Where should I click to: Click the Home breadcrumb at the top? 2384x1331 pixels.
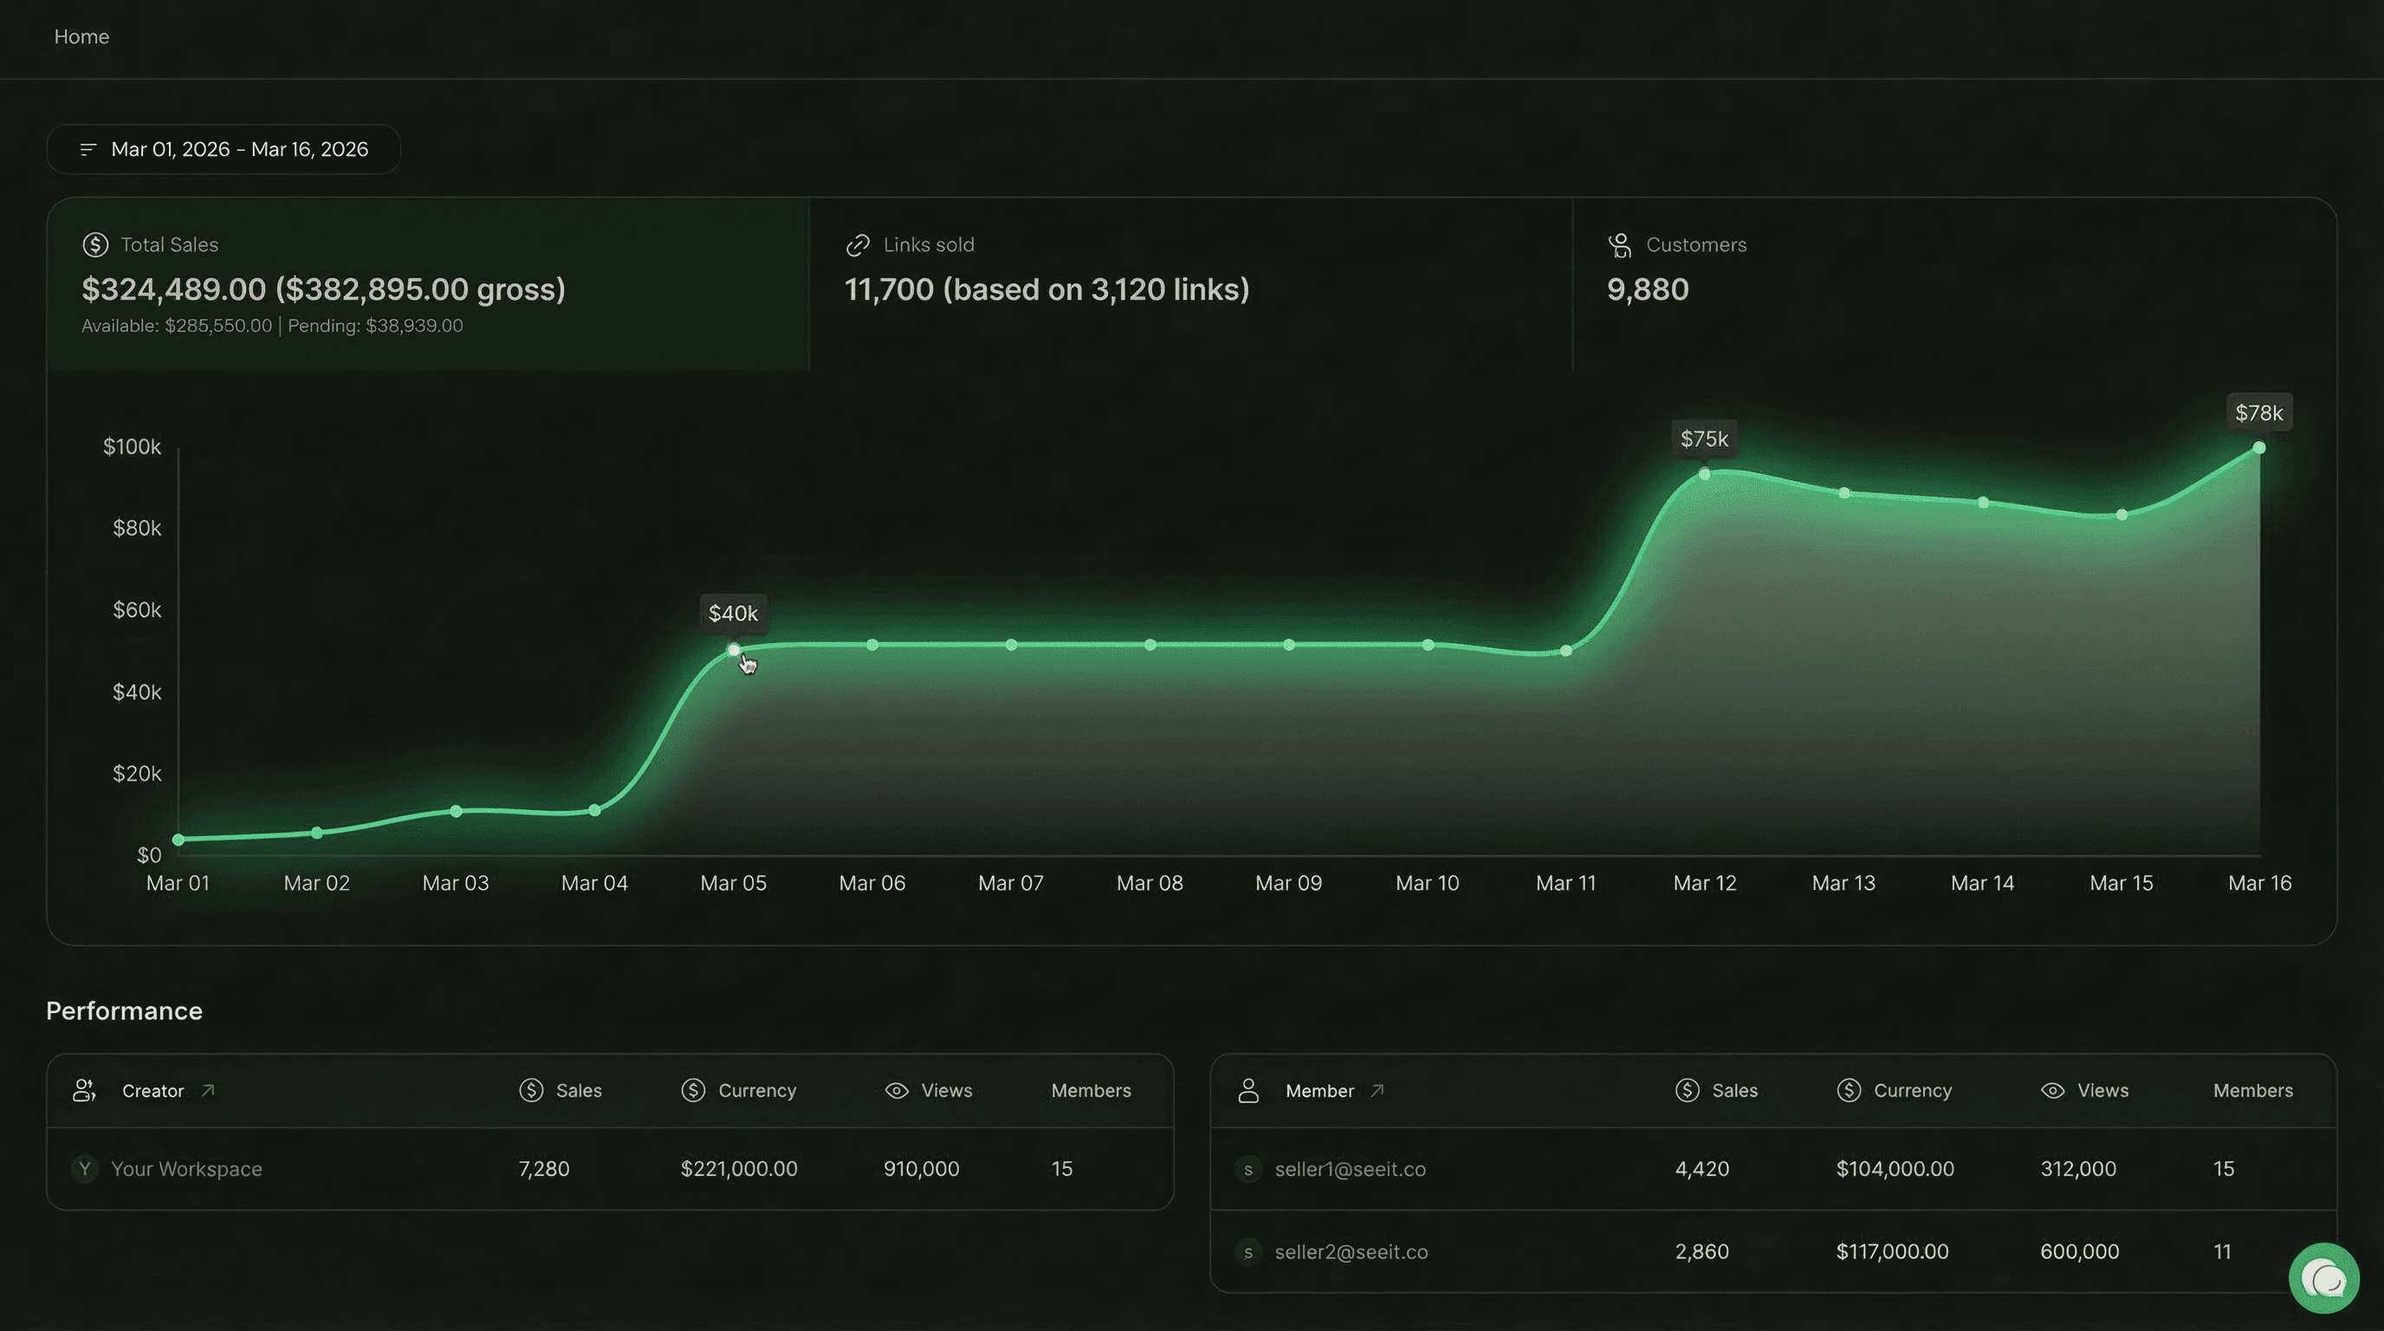click(x=81, y=37)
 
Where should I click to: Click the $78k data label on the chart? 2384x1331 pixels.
click(x=2258, y=412)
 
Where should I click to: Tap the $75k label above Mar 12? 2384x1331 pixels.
click(x=1704, y=438)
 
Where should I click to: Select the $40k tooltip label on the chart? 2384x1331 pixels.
click(x=732, y=613)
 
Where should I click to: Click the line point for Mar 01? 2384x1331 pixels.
click(x=178, y=840)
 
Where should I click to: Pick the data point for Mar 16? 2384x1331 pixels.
click(x=2259, y=448)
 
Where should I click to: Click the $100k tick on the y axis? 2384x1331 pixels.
click(x=132, y=447)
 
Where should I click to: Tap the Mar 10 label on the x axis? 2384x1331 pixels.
click(x=1427, y=883)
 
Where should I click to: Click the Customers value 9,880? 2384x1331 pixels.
click(x=1648, y=289)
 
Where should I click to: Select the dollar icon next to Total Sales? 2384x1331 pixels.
click(x=95, y=244)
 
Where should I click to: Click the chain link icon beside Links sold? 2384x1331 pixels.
click(x=858, y=244)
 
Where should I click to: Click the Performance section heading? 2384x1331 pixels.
click(x=124, y=1010)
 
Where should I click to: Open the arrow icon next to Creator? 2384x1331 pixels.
click(x=208, y=1090)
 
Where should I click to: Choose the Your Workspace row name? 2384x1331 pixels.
click(x=186, y=1169)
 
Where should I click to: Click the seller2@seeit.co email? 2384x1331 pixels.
click(x=1351, y=1251)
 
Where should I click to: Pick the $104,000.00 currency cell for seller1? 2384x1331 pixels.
click(x=1895, y=1169)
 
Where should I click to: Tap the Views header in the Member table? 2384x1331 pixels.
click(x=2102, y=1090)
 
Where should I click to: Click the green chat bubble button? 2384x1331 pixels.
click(x=2322, y=1278)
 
